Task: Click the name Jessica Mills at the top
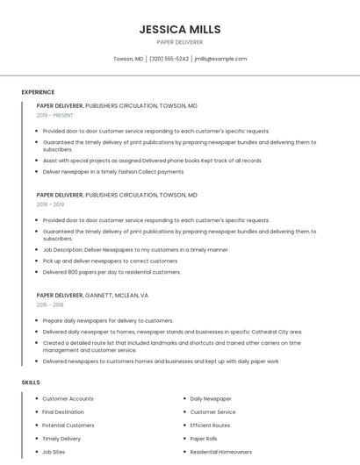pos(179,29)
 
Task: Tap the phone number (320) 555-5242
pos(169,59)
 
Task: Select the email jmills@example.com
pos(220,59)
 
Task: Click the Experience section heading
pos(38,92)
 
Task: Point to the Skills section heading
pos(31,383)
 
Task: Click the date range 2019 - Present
pos(54,115)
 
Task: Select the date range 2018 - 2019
pos(50,204)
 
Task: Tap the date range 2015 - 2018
pos(50,304)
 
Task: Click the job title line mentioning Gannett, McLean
pos(92,296)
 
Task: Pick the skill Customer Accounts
pos(68,399)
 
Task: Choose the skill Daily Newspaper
pos(211,399)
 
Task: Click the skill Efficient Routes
pos(211,426)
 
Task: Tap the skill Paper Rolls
pos(204,439)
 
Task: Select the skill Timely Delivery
pos(61,439)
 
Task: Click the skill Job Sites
pos(54,452)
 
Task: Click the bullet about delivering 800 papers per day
pos(112,272)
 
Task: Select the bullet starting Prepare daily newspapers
pos(108,320)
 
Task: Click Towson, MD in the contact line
pos(128,59)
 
